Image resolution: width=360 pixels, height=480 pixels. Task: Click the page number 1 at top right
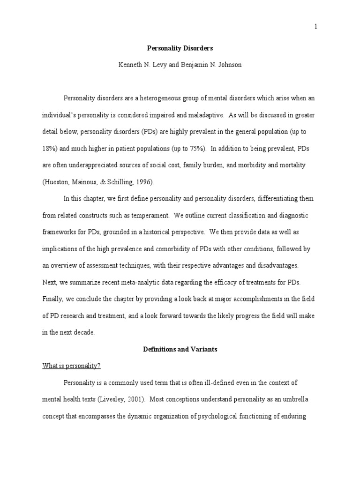tap(316, 27)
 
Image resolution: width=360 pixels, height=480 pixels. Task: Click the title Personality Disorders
tap(180, 48)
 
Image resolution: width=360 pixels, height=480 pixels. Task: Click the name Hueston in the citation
tap(58, 181)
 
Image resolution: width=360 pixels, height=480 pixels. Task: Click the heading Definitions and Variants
tap(180, 349)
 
